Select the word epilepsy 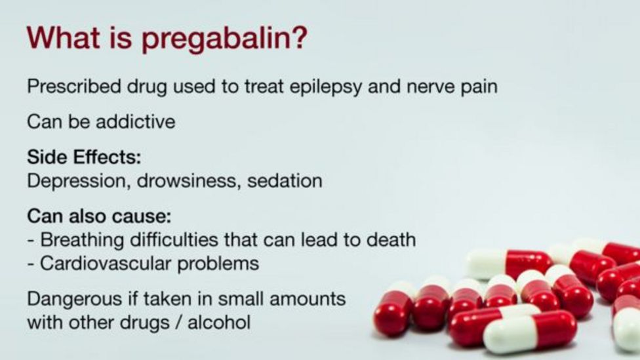pos(309,87)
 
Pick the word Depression pos(79,181)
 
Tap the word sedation pos(284,181)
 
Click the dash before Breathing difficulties pos(31,240)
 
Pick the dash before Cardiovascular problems pos(31,264)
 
